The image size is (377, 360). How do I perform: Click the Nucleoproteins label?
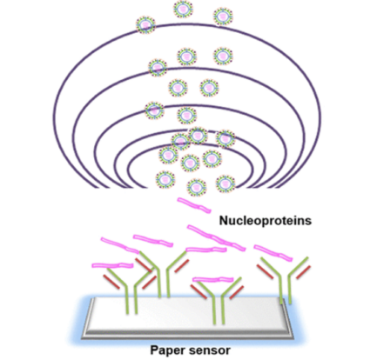point(266,221)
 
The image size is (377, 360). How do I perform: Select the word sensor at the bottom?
point(209,350)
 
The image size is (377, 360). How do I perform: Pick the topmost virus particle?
point(184,9)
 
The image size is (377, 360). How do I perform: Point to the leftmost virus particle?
point(146,24)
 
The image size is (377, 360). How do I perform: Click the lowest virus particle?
point(197,188)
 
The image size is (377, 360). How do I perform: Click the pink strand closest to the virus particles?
point(194,205)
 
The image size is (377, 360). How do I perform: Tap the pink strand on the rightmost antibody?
point(273,253)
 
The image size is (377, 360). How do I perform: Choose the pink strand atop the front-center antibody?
point(213,280)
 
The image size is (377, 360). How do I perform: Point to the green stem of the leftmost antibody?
point(131,299)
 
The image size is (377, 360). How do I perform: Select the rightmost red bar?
point(303,272)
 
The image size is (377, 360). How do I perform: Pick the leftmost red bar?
point(111,282)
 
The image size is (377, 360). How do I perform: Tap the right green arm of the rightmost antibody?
point(299,266)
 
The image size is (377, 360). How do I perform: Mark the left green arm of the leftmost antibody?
point(117,277)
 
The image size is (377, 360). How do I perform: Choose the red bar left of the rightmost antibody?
point(265,272)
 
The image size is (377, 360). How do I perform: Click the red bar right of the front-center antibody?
point(236,293)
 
